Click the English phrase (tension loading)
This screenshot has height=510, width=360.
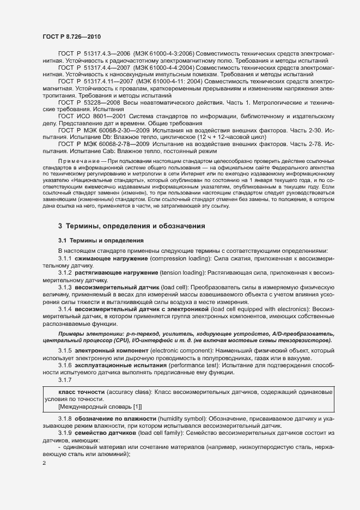click(x=178, y=271)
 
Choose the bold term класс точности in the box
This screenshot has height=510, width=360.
click(x=82, y=392)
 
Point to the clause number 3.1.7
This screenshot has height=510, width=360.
click(x=65, y=379)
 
